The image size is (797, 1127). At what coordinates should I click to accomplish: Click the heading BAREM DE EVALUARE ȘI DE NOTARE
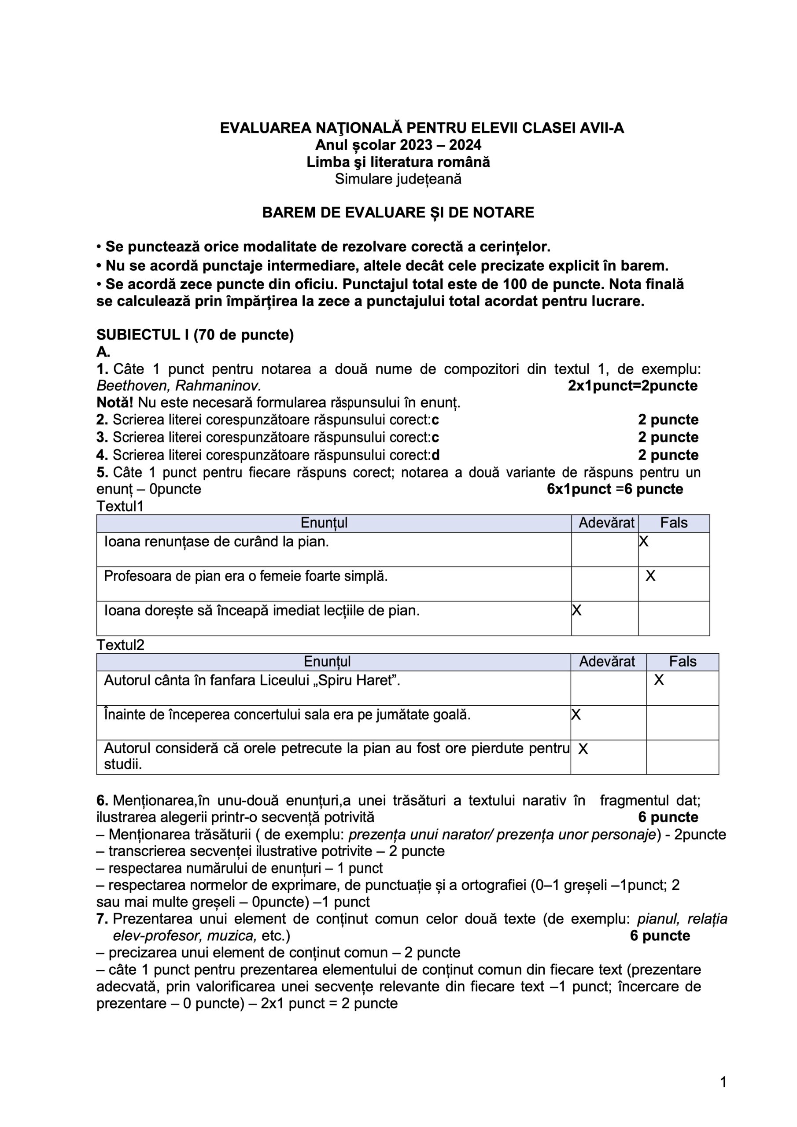coord(398,213)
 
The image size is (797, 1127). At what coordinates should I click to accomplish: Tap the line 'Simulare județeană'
coord(398,179)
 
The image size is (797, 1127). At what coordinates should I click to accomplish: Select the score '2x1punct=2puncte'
coord(632,386)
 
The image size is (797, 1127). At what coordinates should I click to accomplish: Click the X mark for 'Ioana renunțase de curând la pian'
coord(643,542)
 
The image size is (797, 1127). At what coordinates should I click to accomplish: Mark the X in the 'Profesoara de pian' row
coord(650,576)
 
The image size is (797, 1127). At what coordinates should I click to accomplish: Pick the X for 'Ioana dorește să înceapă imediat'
coord(577,610)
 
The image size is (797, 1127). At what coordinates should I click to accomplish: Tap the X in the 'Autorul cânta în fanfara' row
coord(659,680)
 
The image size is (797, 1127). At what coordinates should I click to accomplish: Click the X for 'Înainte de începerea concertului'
coord(576,715)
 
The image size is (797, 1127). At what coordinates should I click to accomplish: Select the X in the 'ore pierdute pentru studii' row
coord(583,748)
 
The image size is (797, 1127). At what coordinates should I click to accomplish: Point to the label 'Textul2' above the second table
coord(120,645)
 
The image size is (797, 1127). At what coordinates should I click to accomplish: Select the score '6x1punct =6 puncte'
coord(615,490)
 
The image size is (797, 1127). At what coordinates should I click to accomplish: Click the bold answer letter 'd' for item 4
coord(435,456)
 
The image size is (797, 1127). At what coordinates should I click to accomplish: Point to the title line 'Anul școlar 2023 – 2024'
coord(398,145)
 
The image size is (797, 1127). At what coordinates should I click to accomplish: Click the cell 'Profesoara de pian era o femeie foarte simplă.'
coord(246,576)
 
